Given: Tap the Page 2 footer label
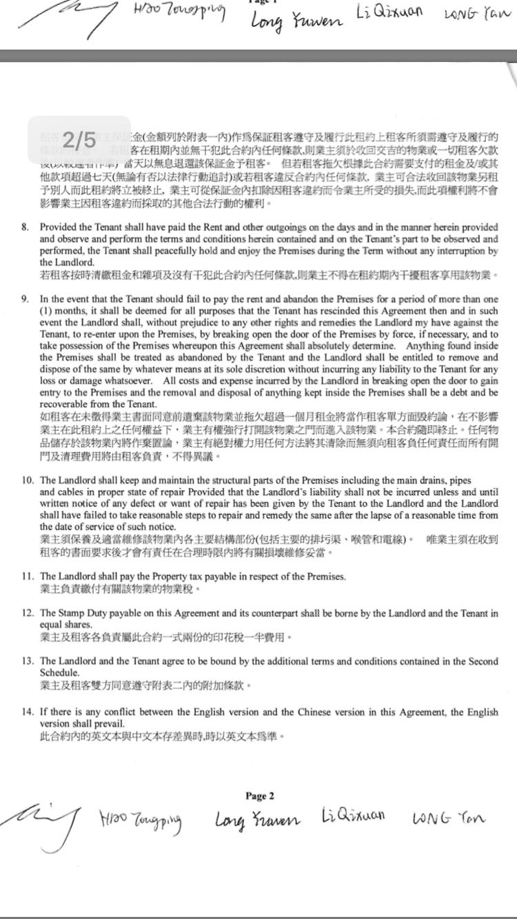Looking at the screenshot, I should (260, 796).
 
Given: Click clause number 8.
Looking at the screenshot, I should (26, 226).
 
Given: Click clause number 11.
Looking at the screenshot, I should (28, 575).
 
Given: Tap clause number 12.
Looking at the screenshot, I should (28, 613).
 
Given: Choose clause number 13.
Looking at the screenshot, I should (28, 661).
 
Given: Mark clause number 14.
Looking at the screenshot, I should (28, 712).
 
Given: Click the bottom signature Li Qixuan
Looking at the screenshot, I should (353, 817).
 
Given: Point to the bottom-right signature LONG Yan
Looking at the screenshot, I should (448, 818).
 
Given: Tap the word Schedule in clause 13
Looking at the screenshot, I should (60, 672).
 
